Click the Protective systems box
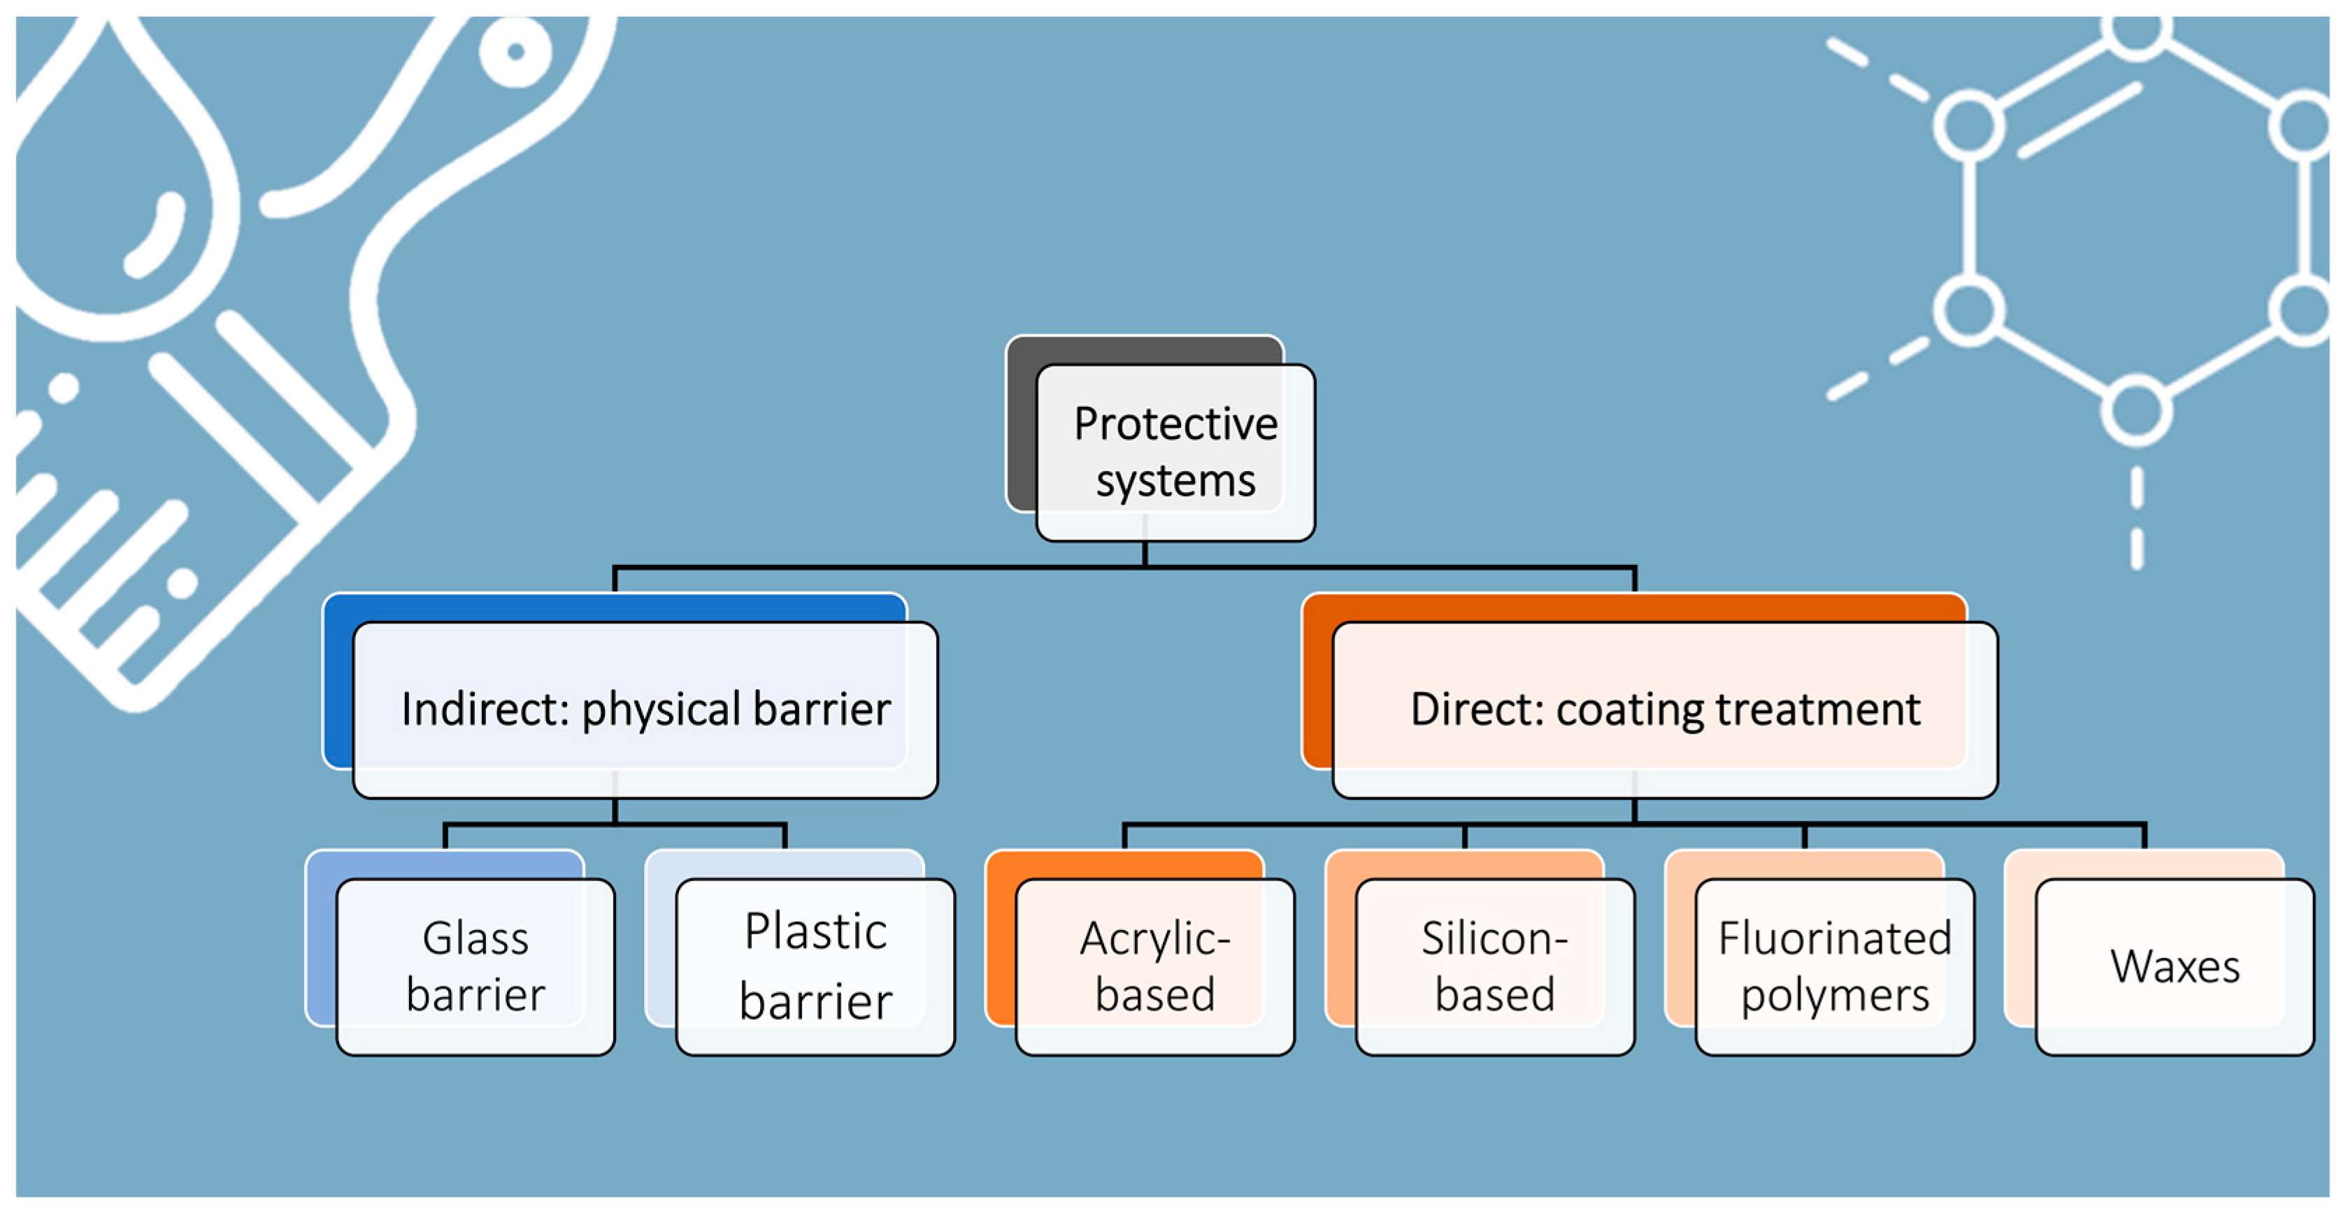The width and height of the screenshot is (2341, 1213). coord(1175,452)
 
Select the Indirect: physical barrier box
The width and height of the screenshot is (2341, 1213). coord(645,710)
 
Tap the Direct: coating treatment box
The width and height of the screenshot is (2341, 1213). coord(1665,710)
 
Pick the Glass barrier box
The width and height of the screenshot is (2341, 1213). coord(475,966)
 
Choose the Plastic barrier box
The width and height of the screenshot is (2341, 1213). coord(815,966)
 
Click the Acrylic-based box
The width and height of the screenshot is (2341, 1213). coord(1155,966)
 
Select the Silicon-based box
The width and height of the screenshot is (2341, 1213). coord(1495,966)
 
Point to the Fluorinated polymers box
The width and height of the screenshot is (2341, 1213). coord(1835,966)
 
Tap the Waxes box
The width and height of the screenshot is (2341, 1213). coord(2175,966)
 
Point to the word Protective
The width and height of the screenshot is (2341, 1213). coord(1175,424)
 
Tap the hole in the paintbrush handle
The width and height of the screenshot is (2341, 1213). coord(515,51)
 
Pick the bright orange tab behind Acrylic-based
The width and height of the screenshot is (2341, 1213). coord(1000,936)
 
